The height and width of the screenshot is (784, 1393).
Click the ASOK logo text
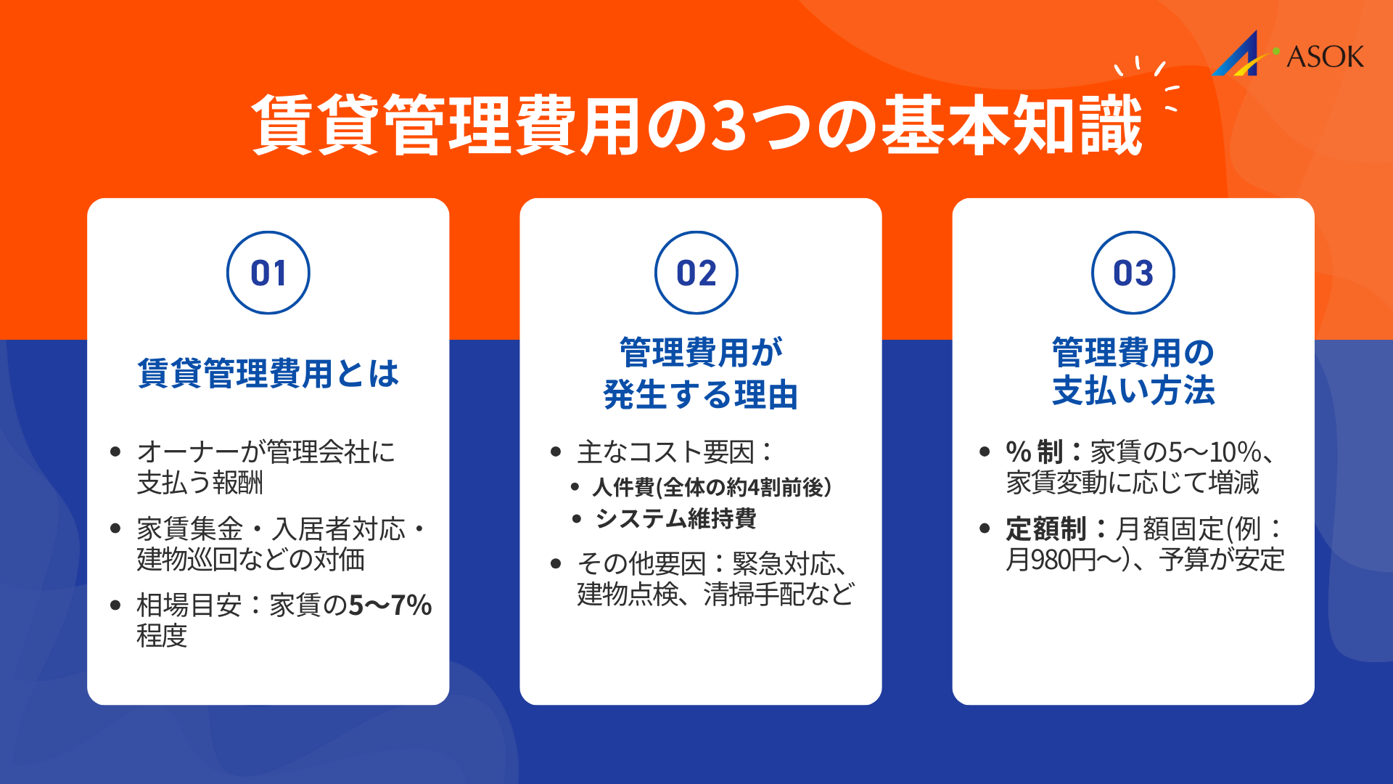pyautogui.click(x=1325, y=57)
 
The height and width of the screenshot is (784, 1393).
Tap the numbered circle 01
pyautogui.click(x=268, y=273)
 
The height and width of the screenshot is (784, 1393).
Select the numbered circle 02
pyautogui.click(x=696, y=273)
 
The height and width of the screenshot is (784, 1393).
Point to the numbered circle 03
pyautogui.click(x=1133, y=273)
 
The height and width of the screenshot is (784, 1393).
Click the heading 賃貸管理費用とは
pyautogui.click(x=268, y=374)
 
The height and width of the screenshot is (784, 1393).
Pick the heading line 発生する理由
pyautogui.click(x=700, y=395)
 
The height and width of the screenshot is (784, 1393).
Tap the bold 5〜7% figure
pyautogui.click(x=390, y=605)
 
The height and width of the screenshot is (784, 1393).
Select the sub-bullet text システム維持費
pyautogui.click(x=675, y=518)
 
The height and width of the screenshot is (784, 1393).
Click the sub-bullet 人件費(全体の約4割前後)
pyautogui.click(x=711, y=487)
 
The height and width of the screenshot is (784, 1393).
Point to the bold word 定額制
pyautogui.click(x=1045, y=528)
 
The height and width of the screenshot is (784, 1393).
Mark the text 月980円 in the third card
pyautogui.click(x=1051, y=560)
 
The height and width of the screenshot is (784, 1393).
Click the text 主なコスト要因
pyautogui.click(x=666, y=452)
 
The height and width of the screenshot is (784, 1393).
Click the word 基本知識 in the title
pyautogui.click(x=1011, y=126)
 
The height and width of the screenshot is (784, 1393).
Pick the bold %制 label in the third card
pyautogui.click(x=1034, y=452)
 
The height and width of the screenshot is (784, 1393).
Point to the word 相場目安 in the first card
pyautogui.click(x=189, y=605)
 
